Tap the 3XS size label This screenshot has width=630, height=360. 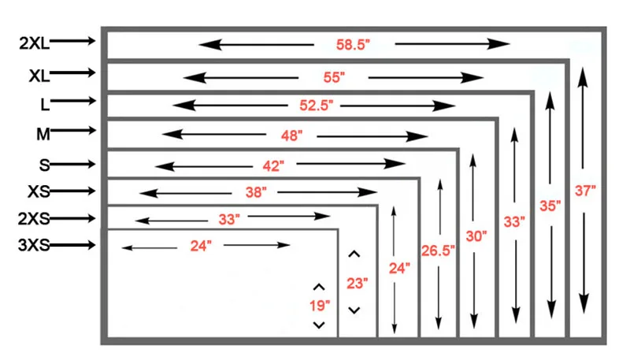tap(34, 246)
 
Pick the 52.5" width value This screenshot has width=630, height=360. tap(317, 106)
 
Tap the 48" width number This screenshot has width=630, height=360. tap(291, 135)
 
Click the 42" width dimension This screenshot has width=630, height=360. tap(272, 165)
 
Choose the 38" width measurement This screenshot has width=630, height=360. tap(255, 192)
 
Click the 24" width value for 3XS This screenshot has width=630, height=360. tap(201, 246)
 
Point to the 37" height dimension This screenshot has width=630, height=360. tap(585, 190)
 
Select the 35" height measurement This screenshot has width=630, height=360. tap(550, 206)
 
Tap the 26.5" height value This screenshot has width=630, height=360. tap(439, 251)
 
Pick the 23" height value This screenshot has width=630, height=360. tap(354, 282)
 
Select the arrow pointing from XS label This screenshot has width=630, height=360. tap(76, 191)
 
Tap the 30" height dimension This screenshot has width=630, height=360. tap(475, 235)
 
